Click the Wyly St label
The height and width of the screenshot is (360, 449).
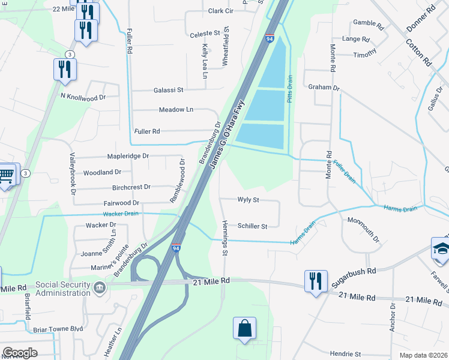pos(248,200)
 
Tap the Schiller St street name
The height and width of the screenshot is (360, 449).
pos(252,226)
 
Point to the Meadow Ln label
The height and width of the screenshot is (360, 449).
pos(176,110)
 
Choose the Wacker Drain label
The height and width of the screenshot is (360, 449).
pos(121,214)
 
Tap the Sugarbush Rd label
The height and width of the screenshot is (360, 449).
pos(354,272)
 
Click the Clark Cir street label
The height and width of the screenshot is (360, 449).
pos(220,11)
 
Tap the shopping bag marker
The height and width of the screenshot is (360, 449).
pos(244,328)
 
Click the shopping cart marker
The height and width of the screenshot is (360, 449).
pos(6,175)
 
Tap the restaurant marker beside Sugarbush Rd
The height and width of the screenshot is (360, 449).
pos(315,281)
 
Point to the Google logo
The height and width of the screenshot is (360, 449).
pos(20,353)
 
